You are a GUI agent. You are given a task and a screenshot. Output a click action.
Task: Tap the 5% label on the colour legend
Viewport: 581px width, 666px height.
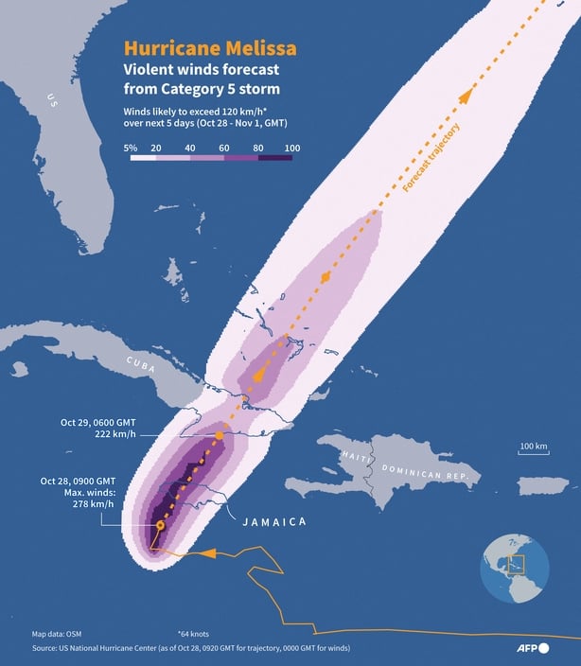[x=131, y=148]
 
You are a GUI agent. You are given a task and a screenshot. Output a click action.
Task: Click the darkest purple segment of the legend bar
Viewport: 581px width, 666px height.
[x=276, y=158]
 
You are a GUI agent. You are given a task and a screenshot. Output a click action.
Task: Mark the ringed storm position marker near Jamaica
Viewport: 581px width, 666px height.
[x=160, y=524]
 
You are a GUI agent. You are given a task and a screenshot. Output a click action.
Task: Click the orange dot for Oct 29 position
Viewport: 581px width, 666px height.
[x=219, y=434]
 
